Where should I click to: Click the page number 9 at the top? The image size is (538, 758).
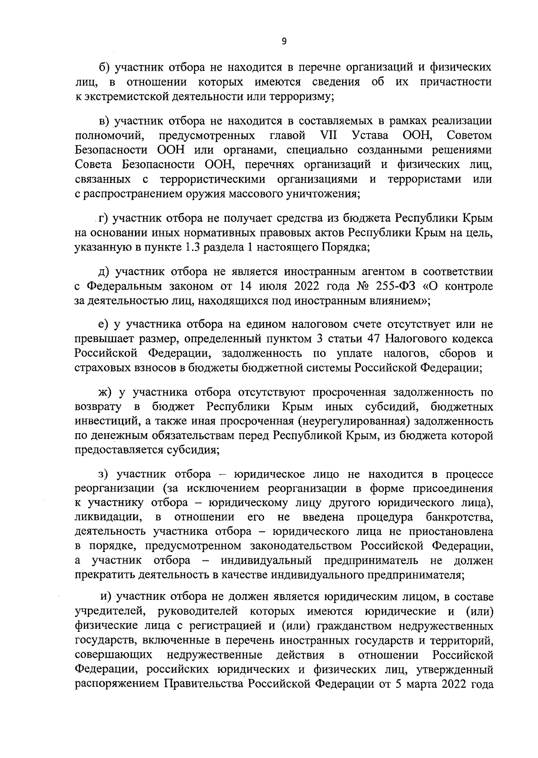(x=284, y=42)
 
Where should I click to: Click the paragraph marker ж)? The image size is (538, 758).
(x=106, y=392)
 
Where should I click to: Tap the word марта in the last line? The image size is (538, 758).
(x=418, y=684)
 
